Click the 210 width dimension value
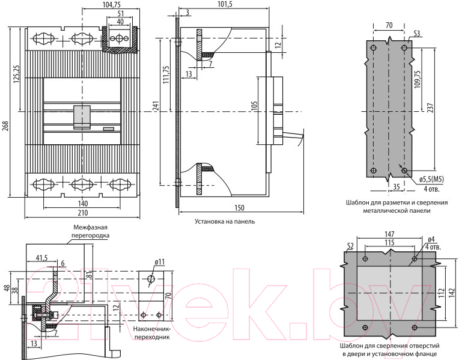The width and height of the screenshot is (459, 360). [x=82, y=213]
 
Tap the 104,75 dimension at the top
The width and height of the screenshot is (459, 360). [x=112, y=4]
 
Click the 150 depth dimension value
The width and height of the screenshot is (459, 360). [x=239, y=208]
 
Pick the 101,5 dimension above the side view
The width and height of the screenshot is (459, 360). [x=225, y=4]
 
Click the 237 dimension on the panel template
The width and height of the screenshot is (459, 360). [x=430, y=108]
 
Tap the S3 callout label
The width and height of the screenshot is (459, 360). [x=416, y=34]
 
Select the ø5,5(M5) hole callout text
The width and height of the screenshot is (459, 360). [x=431, y=179]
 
